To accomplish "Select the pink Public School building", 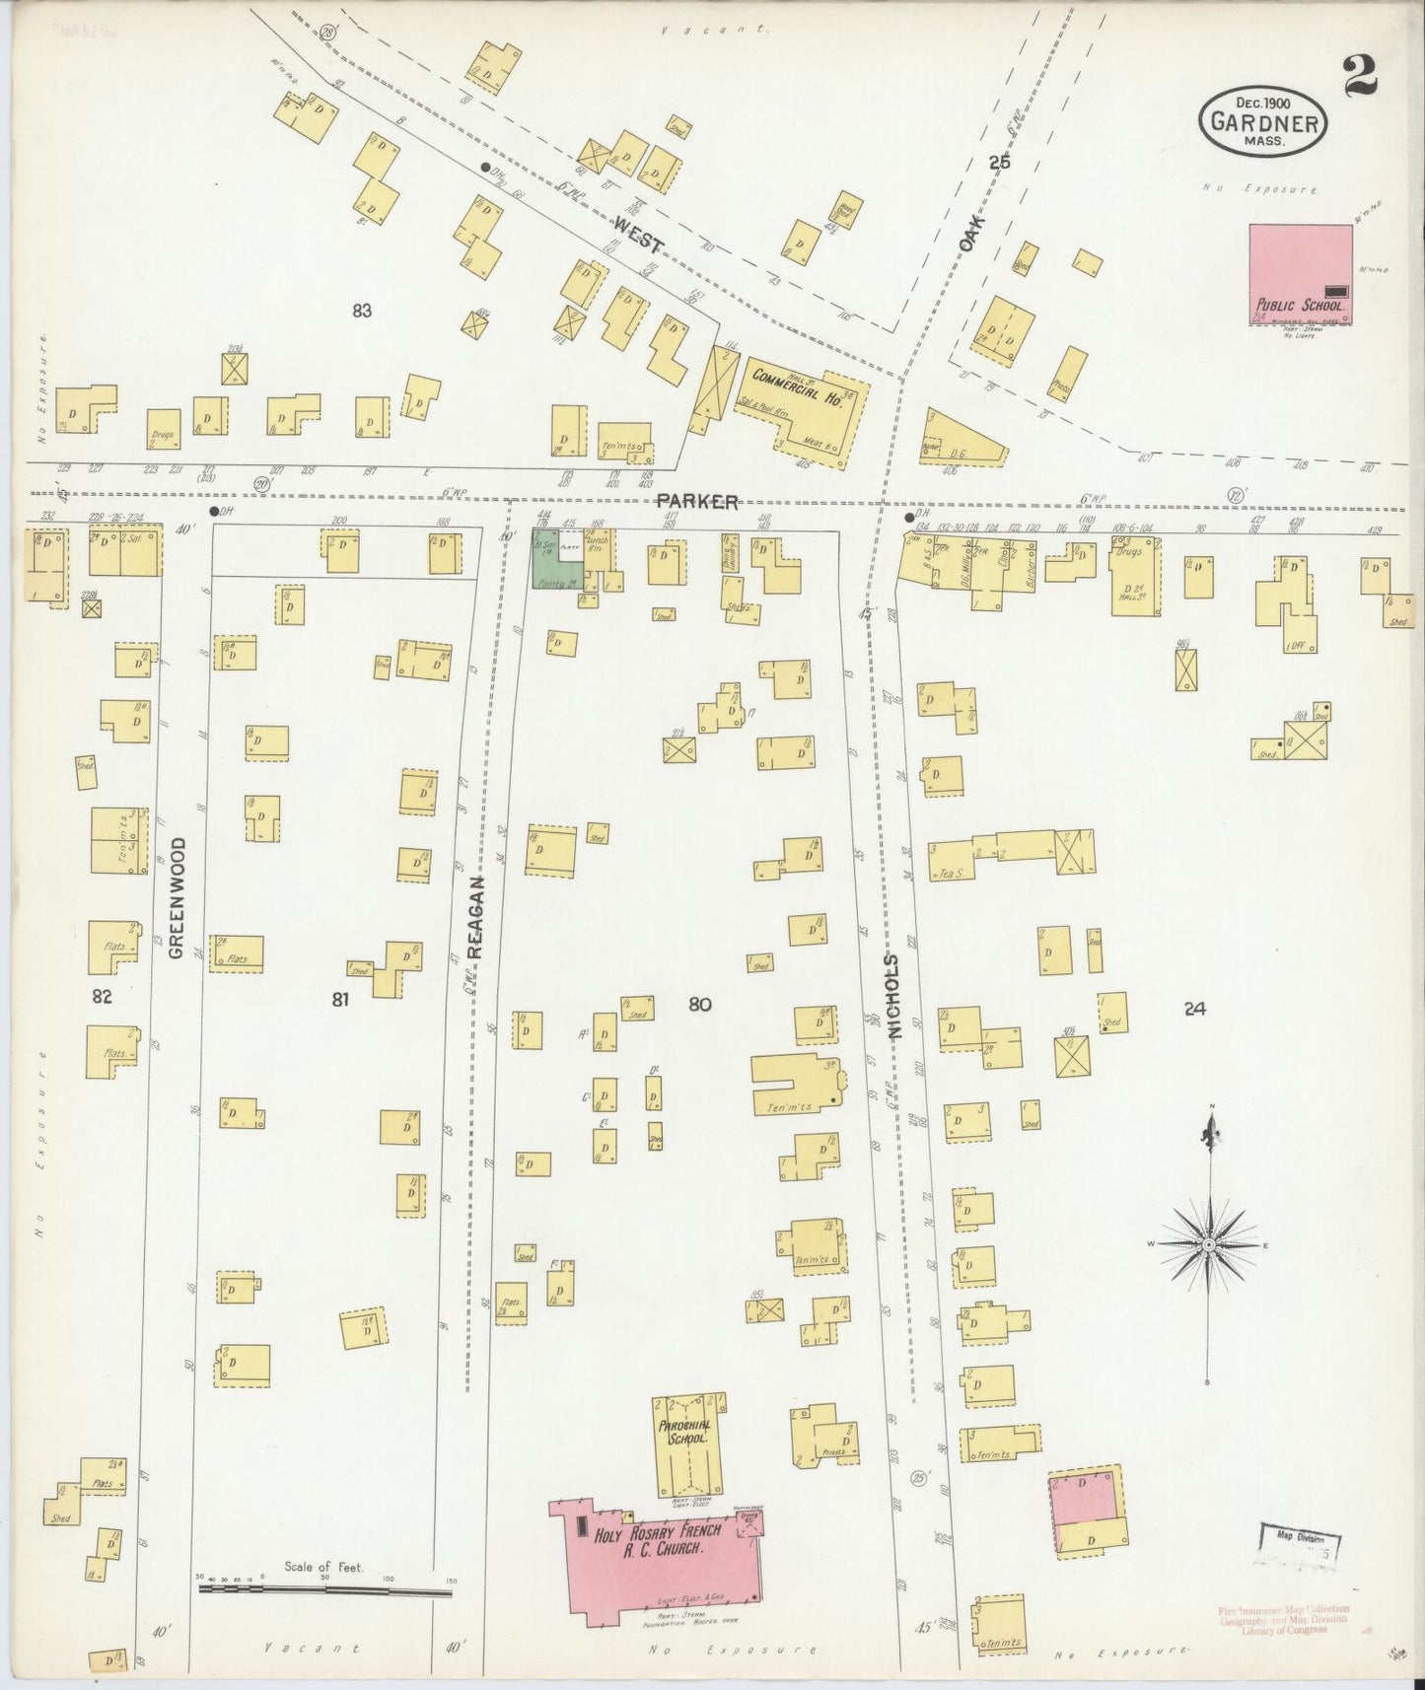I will (1300, 274).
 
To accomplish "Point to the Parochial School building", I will (687, 1444).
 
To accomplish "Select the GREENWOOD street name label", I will (177, 898).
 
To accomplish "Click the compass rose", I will (1209, 1246).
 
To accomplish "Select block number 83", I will (362, 311).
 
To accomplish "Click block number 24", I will (1195, 1008).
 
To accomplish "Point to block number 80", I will (700, 1005).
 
